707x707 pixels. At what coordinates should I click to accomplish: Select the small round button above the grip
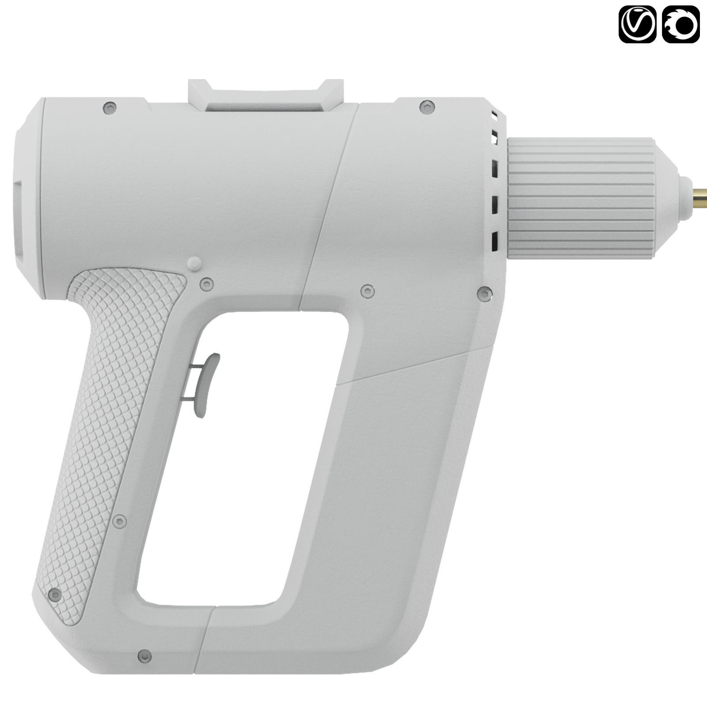click(194, 264)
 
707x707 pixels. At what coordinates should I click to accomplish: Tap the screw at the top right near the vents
click(426, 106)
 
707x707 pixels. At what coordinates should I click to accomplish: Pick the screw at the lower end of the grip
click(55, 595)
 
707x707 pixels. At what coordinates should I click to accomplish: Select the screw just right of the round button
click(207, 284)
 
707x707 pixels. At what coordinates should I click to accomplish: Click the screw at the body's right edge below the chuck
click(485, 293)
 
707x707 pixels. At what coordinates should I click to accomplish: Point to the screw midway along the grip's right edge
click(119, 521)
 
